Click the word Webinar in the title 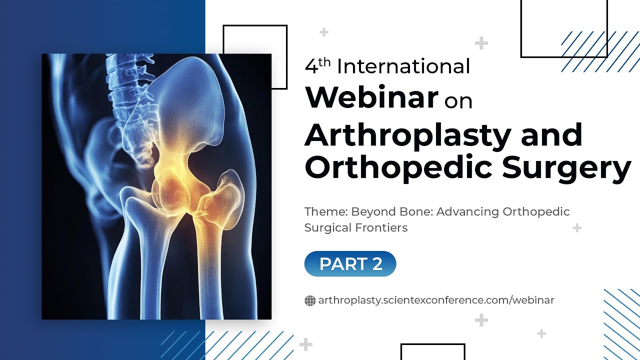coord(372,98)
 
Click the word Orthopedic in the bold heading coord(400,169)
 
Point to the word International coord(403,66)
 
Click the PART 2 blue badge coord(350,264)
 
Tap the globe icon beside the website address coord(310,300)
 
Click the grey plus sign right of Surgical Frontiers coord(577,228)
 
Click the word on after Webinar coord(458,101)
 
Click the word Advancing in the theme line coord(467,211)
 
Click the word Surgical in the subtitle coord(328,228)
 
